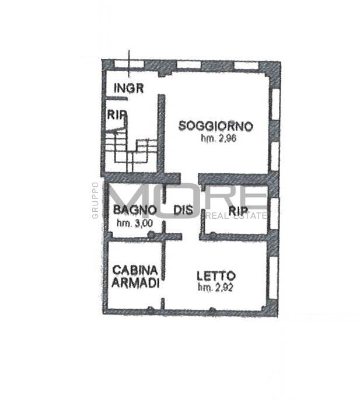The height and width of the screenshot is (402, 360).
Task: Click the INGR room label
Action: click(129, 88)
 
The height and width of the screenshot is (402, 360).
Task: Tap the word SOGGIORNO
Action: click(216, 126)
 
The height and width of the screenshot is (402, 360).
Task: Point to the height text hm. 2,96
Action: click(218, 138)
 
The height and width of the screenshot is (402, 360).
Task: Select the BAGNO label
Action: click(135, 210)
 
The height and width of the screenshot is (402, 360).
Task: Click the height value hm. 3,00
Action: click(135, 223)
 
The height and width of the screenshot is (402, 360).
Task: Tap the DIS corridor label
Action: click(183, 210)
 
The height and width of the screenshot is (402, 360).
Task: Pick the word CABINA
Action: click(135, 270)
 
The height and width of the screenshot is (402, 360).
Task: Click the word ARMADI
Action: click(135, 283)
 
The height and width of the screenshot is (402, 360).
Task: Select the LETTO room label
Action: click(216, 276)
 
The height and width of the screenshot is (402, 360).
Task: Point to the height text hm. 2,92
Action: click(215, 288)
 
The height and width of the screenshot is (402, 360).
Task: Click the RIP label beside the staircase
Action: click(117, 114)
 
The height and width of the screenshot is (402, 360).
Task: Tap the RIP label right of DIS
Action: click(238, 211)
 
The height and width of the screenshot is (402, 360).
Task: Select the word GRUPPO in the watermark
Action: click(95, 200)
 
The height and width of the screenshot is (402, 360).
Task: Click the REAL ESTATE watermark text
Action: click(236, 216)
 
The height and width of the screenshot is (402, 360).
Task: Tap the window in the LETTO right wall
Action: click(274, 277)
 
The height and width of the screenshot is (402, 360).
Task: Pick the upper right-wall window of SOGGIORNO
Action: click(275, 104)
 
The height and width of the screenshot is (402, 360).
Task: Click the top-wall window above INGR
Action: click(128, 64)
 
